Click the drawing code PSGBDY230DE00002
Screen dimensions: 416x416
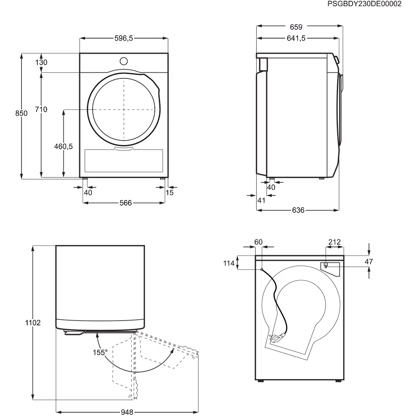[x=364, y=4]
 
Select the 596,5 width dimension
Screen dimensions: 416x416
[x=123, y=38]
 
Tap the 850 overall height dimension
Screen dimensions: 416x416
[x=21, y=113]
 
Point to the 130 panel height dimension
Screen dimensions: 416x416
[x=41, y=62]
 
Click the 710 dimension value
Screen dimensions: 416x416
[x=41, y=109]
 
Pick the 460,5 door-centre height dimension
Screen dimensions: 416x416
[x=63, y=146]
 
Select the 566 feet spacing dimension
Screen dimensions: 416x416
[x=126, y=203]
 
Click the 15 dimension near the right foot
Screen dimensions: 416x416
[x=169, y=193]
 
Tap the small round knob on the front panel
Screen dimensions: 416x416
[x=123, y=61]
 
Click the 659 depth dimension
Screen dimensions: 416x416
[x=296, y=27]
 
